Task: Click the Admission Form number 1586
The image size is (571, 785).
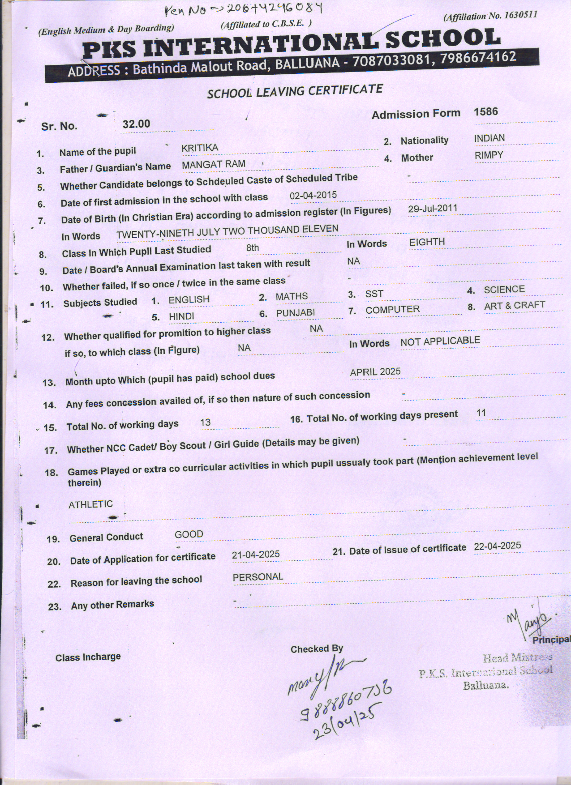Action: (485, 111)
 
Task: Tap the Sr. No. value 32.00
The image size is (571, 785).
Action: (136, 124)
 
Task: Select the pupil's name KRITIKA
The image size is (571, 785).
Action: (200, 148)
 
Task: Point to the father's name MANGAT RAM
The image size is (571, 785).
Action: (214, 164)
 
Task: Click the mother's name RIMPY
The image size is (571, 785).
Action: (489, 155)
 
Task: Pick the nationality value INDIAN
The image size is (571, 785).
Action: (489, 138)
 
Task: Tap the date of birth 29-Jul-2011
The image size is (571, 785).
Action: (433, 209)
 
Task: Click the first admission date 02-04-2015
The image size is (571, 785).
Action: (313, 196)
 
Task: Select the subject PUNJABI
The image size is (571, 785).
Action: (296, 313)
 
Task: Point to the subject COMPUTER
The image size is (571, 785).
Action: (392, 310)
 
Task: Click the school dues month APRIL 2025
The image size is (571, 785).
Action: (375, 372)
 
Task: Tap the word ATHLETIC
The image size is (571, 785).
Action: (90, 504)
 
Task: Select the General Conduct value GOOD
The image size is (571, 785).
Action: (189, 534)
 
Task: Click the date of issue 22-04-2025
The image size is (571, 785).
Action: (497, 546)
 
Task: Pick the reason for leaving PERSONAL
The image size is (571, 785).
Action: (258, 577)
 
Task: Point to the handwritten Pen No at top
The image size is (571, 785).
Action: (244, 9)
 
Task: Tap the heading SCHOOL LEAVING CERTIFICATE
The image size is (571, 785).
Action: (295, 91)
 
